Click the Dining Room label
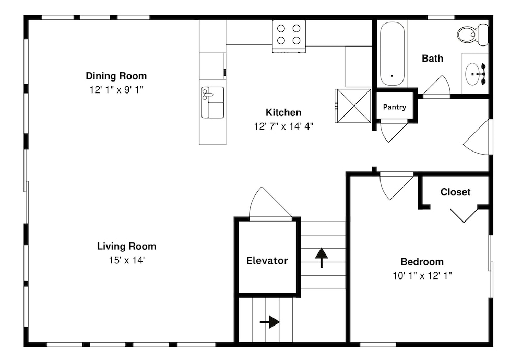tap(116, 76)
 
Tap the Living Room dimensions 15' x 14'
tap(127, 260)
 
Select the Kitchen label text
tap(283, 113)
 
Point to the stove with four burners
tap(289, 36)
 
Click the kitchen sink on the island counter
tap(212, 102)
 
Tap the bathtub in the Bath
tap(392, 54)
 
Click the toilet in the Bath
tap(472, 34)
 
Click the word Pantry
tap(395, 107)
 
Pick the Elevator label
tap(267, 260)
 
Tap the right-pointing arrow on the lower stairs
tap(270, 322)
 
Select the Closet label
tap(455, 192)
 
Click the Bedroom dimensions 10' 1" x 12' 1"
tap(422, 276)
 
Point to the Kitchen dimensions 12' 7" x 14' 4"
tap(283, 126)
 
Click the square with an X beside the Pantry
tap(353, 106)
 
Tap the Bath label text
tap(432, 59)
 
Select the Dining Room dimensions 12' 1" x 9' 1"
tap(116, 90)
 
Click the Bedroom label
tap(422, 262)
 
